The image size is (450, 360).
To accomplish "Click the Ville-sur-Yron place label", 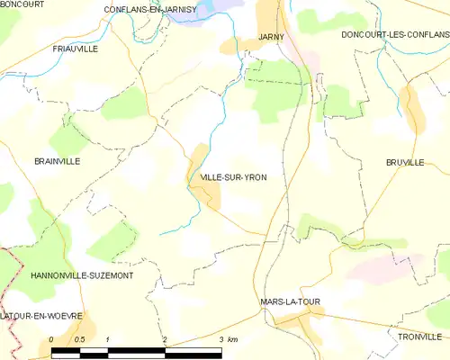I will pyautogui.click(x=233, y=178).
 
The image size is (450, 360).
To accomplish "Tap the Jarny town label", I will pyautogui.click(x=271, y=37).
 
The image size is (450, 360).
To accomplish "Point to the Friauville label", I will pyautogui.click(x=75, y=49).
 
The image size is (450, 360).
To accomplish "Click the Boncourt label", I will pyautogui.click(x=22, y=4).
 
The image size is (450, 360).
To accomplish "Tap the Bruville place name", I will pyautogui.click(x=404, y=163).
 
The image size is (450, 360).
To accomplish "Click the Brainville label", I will pyautogui.click(x=57, y=161).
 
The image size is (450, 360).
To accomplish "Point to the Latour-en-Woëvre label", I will pyautogui.click(x=41, y=316).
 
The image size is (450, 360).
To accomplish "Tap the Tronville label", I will pyautogui.click(x=418, y=336).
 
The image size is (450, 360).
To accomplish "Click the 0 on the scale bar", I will pyautogui.click(x=52, y=339).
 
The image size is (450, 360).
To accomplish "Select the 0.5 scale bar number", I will pyautogui.click(x=79, y=339).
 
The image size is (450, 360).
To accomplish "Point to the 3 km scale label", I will pyautogui.click(x=228, y=339).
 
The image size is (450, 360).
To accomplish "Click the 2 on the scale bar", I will pyautogui.click(x=165, y=339).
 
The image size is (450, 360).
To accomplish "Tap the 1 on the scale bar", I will pyautogui.click(x=108, y=339).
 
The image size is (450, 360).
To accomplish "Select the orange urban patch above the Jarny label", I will pyautogui.click(x=270, y=15).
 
